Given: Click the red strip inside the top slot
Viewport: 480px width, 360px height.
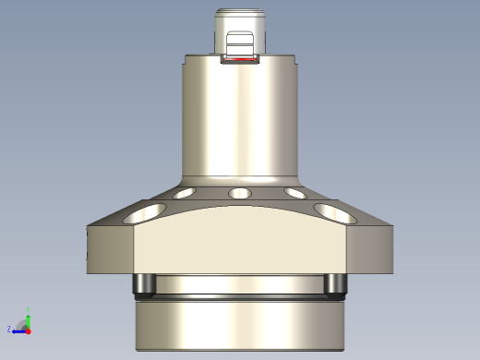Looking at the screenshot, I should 240,63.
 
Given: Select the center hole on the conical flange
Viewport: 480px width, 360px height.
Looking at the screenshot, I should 240,194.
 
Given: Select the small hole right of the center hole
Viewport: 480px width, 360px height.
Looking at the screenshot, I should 295,193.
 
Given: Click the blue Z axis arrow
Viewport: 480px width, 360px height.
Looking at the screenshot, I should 18,329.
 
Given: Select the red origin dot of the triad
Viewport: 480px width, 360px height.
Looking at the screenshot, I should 29,329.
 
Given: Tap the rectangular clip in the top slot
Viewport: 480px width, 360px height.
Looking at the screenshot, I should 240,44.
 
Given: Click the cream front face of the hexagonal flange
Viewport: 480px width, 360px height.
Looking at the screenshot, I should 240,245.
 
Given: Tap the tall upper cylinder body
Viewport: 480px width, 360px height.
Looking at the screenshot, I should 240,120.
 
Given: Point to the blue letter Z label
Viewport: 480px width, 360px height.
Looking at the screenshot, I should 9,329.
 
